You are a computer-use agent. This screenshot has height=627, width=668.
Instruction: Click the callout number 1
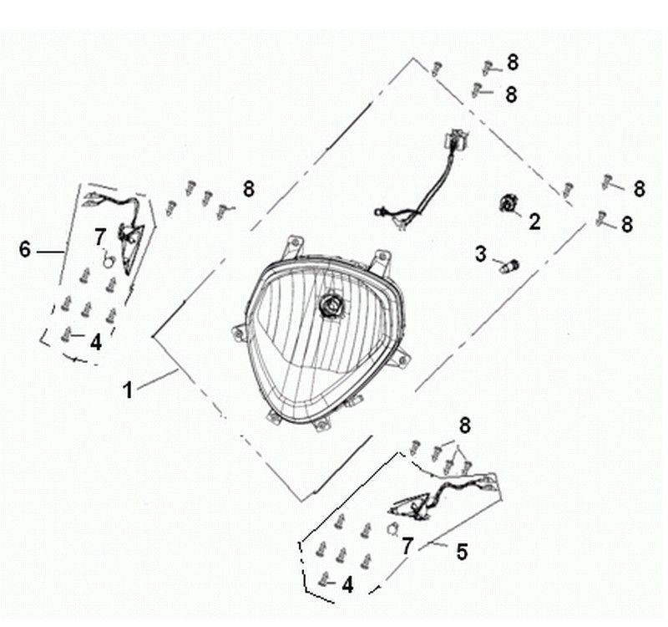click(x=128, y=390)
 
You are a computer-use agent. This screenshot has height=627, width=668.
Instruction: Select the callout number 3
click(x=481, y=253)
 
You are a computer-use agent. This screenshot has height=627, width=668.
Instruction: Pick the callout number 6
click(x=25, y=248)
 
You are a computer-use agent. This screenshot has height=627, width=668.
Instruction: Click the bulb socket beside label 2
click(x=508, y=203)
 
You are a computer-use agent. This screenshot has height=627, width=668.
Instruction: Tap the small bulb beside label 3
click(x=508, y=266)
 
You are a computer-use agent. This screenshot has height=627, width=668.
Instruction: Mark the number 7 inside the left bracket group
click(x=100, y=236)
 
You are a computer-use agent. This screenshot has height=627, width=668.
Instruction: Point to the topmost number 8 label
click(x=512, y=62)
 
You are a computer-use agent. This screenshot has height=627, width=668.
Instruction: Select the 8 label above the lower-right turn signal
click(x=465, y=426)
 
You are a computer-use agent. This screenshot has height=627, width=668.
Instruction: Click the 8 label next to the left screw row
click(x=248, y=189)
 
